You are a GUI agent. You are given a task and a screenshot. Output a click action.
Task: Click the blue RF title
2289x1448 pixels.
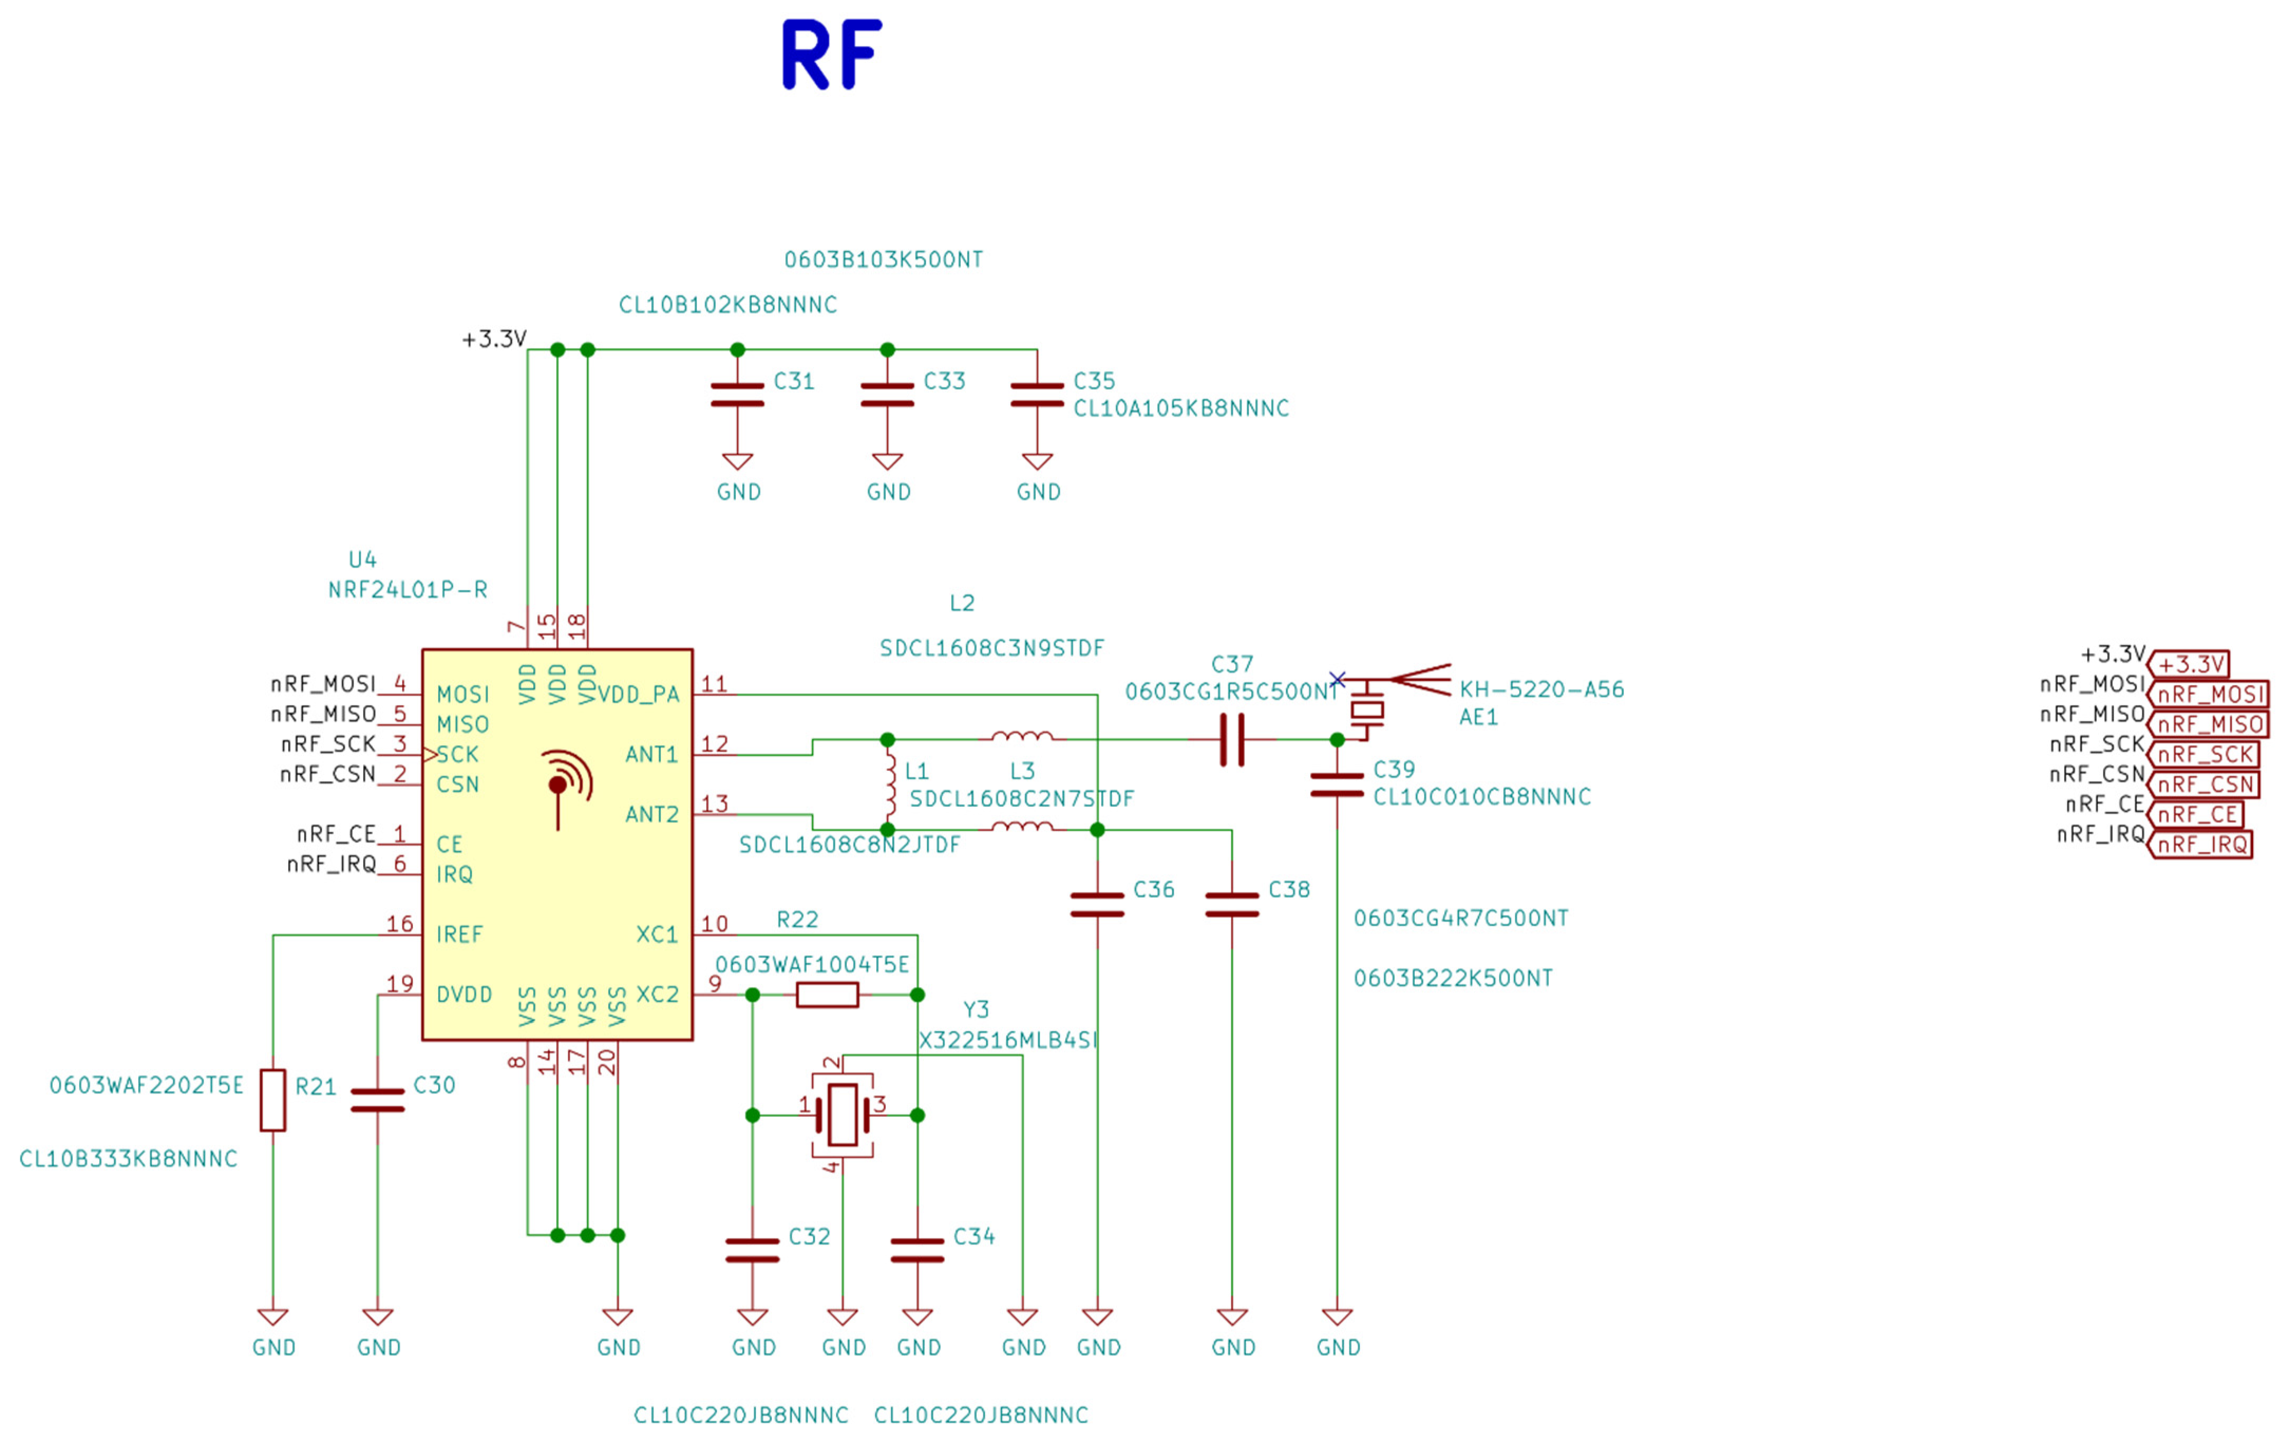coord(832,55)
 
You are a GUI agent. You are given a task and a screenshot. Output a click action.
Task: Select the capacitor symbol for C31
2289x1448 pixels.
coord(737,394)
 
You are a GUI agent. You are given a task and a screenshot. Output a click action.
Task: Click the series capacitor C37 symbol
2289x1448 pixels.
coord(1232,740)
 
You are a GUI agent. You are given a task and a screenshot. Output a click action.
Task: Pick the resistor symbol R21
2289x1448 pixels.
coord(273,1100)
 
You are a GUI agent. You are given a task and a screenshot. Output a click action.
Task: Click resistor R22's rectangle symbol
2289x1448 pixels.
coord(827,994)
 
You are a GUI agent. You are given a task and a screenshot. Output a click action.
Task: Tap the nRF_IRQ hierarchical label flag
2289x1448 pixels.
coord(2201,844)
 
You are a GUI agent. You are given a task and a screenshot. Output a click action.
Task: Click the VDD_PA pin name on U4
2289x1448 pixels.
coord(639,695)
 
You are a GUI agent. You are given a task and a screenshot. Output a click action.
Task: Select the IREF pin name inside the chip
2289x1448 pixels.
coord(459,935)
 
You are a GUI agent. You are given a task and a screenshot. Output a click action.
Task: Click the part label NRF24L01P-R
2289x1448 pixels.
coord(408,589)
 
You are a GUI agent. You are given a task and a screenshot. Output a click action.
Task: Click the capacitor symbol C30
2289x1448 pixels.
coord(377,1100)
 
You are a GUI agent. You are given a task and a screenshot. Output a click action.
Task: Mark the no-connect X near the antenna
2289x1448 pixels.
coord(1338,679)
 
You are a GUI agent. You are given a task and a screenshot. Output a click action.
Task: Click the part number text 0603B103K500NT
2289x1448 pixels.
coord(883,260)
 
